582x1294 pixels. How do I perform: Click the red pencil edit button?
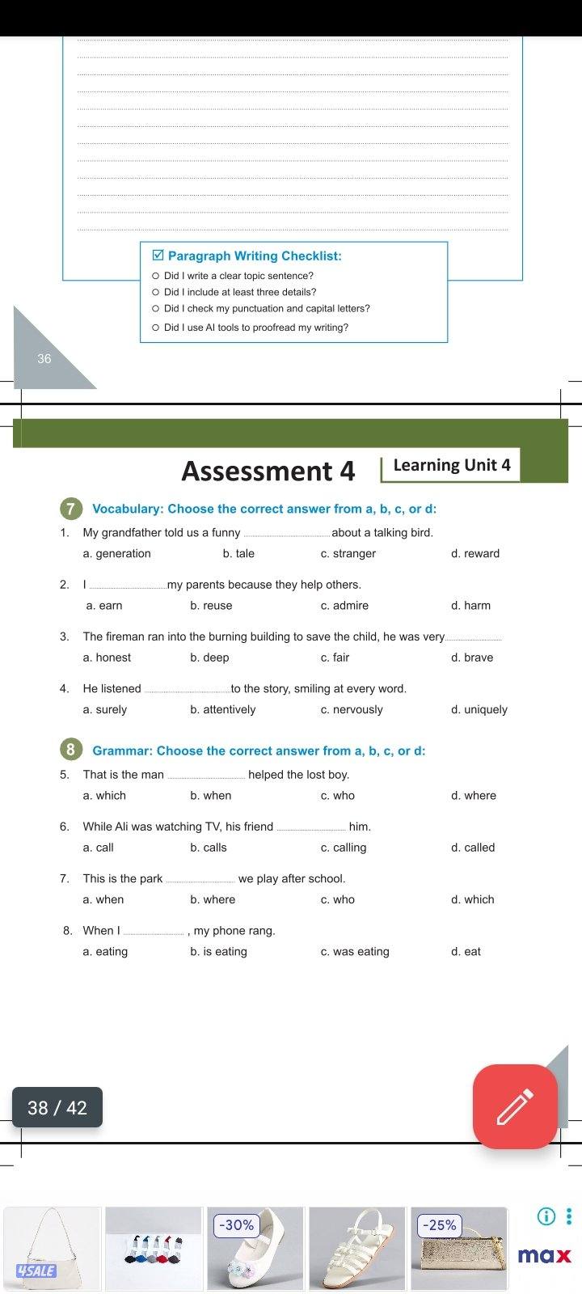(x=515, y=1106)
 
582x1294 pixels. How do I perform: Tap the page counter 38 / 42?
(x=57, y=1107)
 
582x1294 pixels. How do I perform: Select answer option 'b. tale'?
(x=238, y=554)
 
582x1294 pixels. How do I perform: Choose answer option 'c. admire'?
(x=344, y=606)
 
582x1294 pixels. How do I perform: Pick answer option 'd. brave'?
(x=472, y=658)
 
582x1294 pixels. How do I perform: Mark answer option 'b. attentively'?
(x=223, y=710)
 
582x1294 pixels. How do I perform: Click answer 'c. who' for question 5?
(x=338, y=796)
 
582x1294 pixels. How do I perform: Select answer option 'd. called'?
(x=473, y=848)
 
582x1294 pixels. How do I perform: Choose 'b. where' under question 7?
(x=213, y=899)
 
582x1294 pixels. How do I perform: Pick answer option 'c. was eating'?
(x=355, y=952)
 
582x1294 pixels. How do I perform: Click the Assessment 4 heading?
(x=268, y=471)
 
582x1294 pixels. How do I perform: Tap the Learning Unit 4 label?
(x=451, y=465)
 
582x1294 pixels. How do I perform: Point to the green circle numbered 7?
(x=71, y=509)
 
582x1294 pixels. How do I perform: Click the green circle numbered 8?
(x=71, y=751)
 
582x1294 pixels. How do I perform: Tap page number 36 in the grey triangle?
(x=44, y=359)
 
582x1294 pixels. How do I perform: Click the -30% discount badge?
(x=235, y=1225)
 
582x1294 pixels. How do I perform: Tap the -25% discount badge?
(x=439, y=1225)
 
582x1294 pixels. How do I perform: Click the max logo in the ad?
(x=544, y=1256)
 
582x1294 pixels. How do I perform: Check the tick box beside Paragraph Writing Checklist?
(x=158, y=256)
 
